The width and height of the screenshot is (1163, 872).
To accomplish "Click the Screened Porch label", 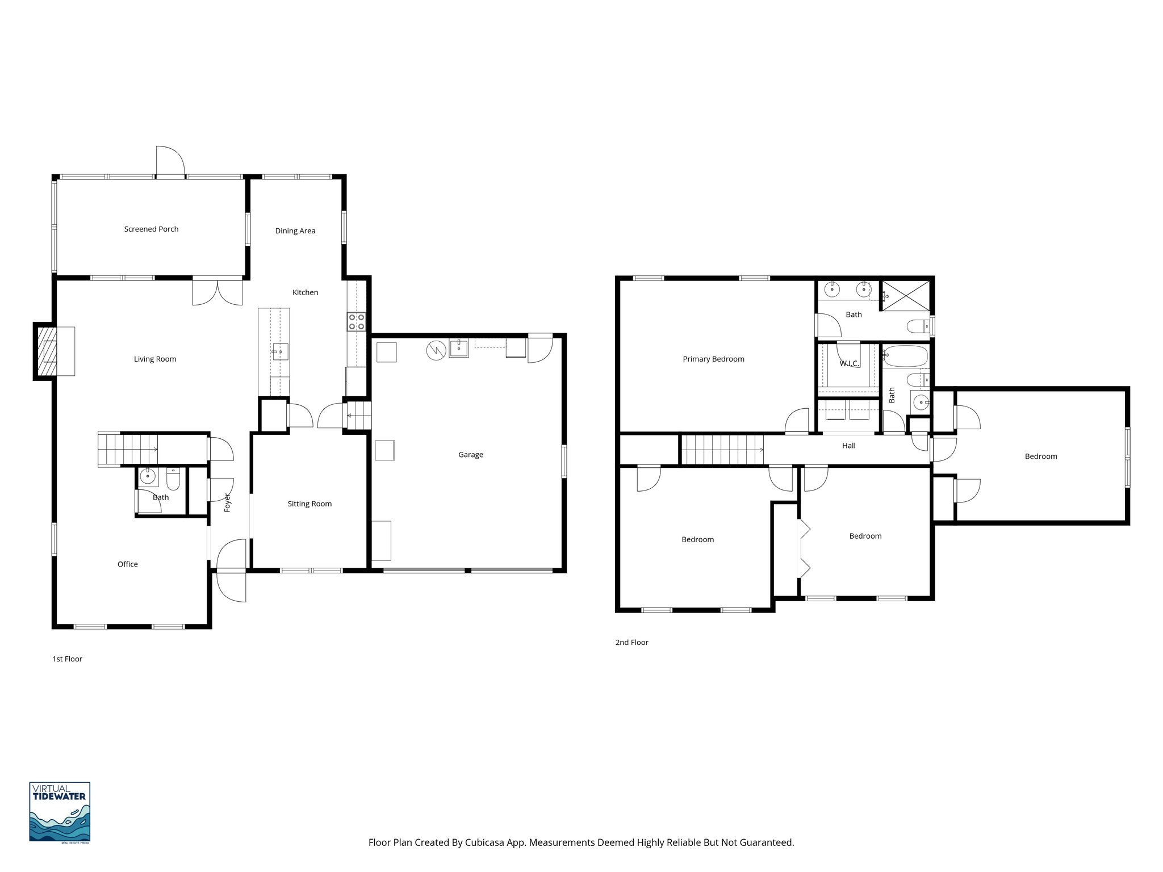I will pos(151,229).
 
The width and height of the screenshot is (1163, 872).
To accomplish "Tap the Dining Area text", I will pos(295,231).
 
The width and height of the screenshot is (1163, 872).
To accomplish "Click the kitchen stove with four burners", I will pos(357,322).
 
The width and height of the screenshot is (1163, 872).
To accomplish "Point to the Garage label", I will pos(470,455).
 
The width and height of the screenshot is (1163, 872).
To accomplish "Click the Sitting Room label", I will pos(309,504).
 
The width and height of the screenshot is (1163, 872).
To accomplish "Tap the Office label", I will pos(127,564).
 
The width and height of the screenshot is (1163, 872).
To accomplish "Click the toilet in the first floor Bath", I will pos(173,480).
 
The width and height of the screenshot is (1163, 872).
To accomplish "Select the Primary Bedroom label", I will pos(713,359).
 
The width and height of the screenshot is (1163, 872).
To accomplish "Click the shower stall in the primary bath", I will pos(906,295).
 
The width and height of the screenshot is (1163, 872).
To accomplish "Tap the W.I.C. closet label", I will pos(849,363).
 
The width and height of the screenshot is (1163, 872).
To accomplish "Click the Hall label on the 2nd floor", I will pos(848,446).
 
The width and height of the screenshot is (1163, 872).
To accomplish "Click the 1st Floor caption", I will pos(67,659).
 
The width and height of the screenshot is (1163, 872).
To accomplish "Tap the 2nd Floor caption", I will pos(631,643).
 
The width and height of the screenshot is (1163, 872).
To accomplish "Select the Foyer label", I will pos(227,502).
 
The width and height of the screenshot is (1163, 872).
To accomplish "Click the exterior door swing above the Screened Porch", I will pos(170,162).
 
